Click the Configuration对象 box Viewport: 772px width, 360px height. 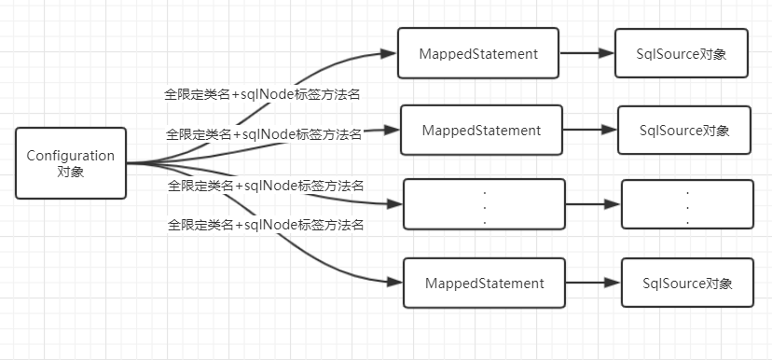71,163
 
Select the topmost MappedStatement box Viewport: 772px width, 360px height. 477,54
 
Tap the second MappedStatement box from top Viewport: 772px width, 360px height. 481,131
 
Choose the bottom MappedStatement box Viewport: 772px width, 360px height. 484,283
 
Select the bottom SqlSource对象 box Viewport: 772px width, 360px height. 687,283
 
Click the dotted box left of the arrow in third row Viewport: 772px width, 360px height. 484,204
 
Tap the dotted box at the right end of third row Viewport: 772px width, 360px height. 687,204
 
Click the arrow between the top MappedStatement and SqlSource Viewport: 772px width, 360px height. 586,54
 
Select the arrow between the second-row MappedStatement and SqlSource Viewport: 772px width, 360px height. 589,131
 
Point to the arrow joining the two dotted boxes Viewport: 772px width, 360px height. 593,204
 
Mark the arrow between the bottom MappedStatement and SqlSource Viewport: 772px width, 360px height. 594,283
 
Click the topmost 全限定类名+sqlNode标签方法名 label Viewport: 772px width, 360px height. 263,93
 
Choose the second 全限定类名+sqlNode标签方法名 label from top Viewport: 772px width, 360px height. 264,134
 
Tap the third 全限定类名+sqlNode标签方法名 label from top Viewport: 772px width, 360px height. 265,186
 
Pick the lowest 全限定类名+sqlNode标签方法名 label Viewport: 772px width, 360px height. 265,225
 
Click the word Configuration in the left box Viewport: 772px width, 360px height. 71,156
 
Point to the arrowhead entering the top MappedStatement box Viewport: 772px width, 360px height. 390,53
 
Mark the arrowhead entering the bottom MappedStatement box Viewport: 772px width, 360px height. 395,282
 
